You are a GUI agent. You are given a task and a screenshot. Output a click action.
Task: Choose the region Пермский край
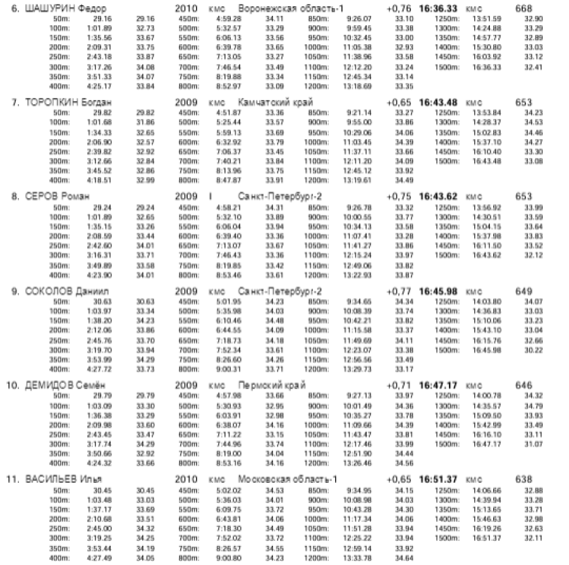tap(272, 384)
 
